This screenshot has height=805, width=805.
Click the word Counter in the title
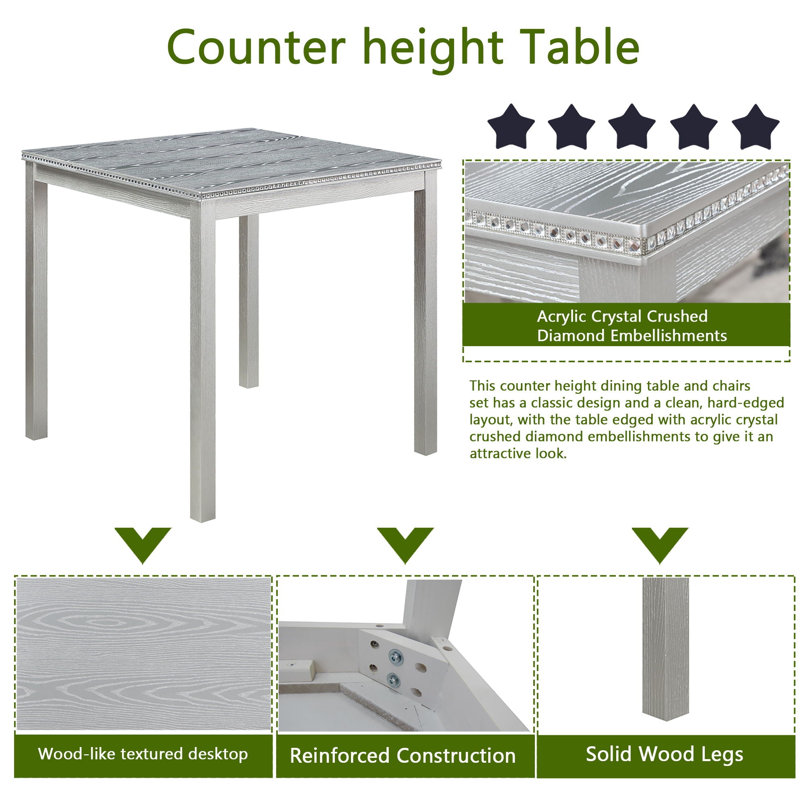[256, 47]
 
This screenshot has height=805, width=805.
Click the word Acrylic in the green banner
[561, 317]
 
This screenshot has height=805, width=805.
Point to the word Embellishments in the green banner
[668, 336]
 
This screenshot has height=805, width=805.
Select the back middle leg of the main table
[249, 300]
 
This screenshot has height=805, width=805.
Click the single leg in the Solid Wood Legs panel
[665, 650]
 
